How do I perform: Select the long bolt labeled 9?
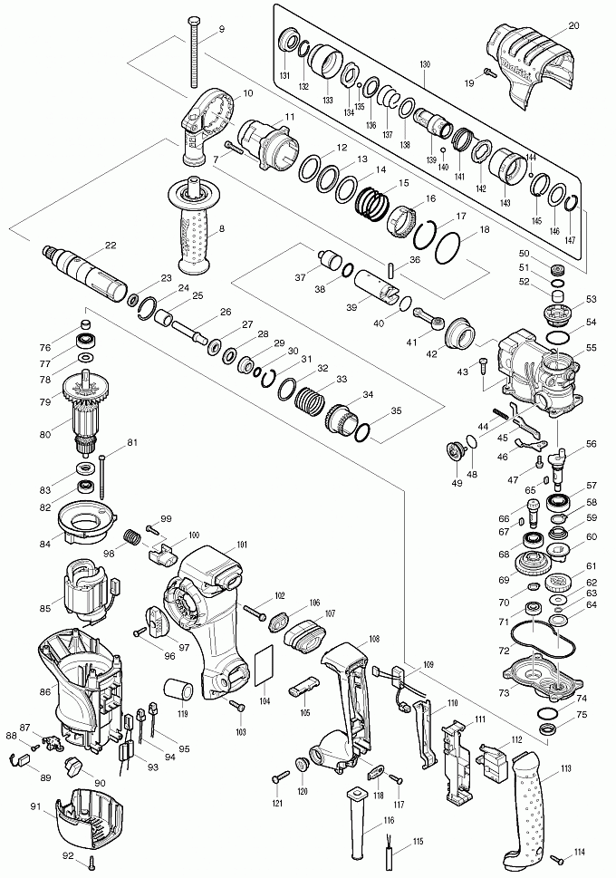pyautogui.click(x=196, y=54)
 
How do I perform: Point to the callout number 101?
pyautogui.click(x=242, y=545)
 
